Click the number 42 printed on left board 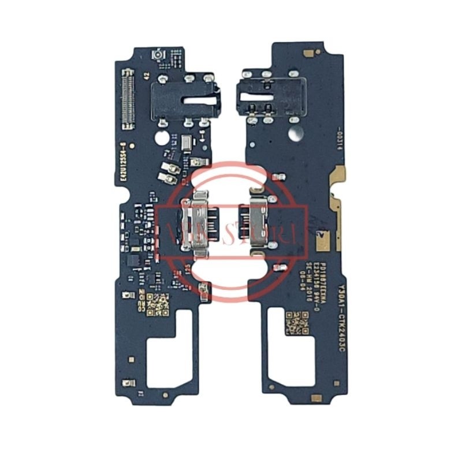[145, 76]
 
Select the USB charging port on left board [196, 221]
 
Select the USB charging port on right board [255, 220]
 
